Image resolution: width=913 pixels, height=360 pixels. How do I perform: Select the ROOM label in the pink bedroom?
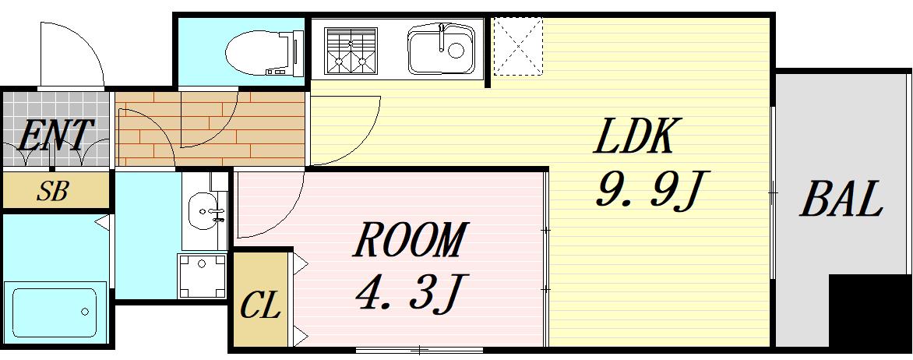click(411, 241)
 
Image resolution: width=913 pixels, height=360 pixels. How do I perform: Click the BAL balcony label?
click(841, 199)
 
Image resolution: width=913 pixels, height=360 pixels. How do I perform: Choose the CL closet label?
click(259, 306)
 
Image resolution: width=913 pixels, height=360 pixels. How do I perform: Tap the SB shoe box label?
click(54, 192)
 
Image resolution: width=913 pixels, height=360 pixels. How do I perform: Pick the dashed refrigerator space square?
click(518, 47)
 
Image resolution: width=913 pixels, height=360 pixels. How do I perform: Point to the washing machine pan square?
click(203, 276)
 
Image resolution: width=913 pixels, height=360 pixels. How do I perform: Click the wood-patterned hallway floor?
click(210, 129)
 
